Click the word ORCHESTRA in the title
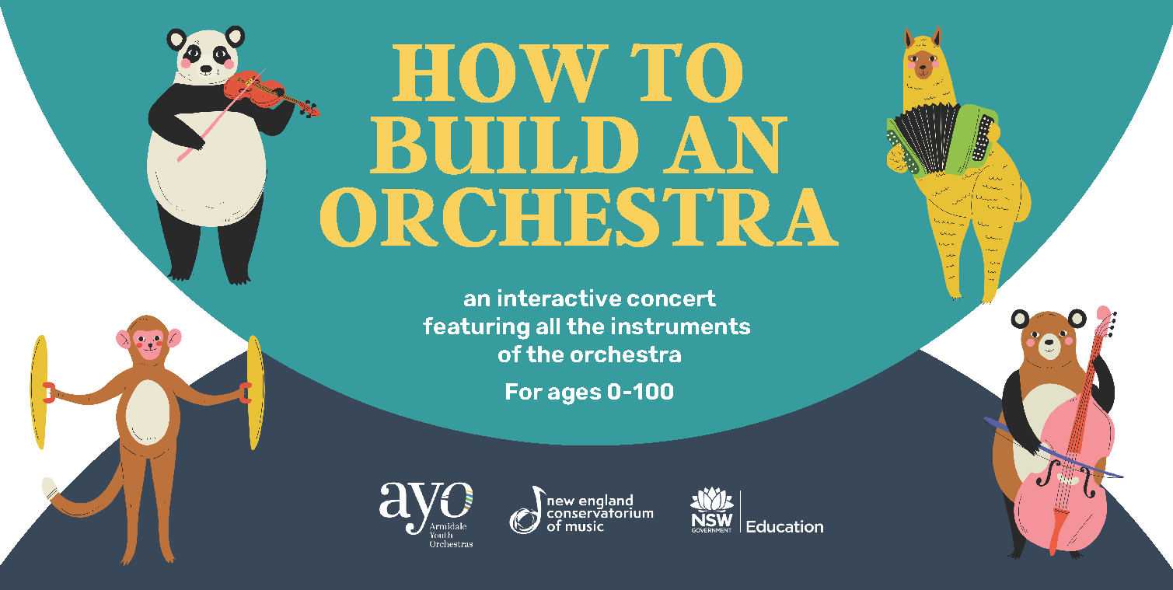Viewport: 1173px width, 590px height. (578, 217)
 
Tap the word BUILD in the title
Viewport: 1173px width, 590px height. (504, 145)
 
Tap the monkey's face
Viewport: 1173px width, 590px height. (149, 344)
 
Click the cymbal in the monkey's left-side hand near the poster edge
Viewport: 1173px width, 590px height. (40, 392)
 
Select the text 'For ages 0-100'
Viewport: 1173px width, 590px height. (589, 392)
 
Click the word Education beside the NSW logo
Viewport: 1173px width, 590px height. (784, 527)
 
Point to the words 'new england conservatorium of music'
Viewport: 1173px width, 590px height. (599, 514)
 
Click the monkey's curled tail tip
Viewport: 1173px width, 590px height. (49, 487)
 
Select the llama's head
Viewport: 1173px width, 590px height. (923, 54)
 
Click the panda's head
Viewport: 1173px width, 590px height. (206, 56)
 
